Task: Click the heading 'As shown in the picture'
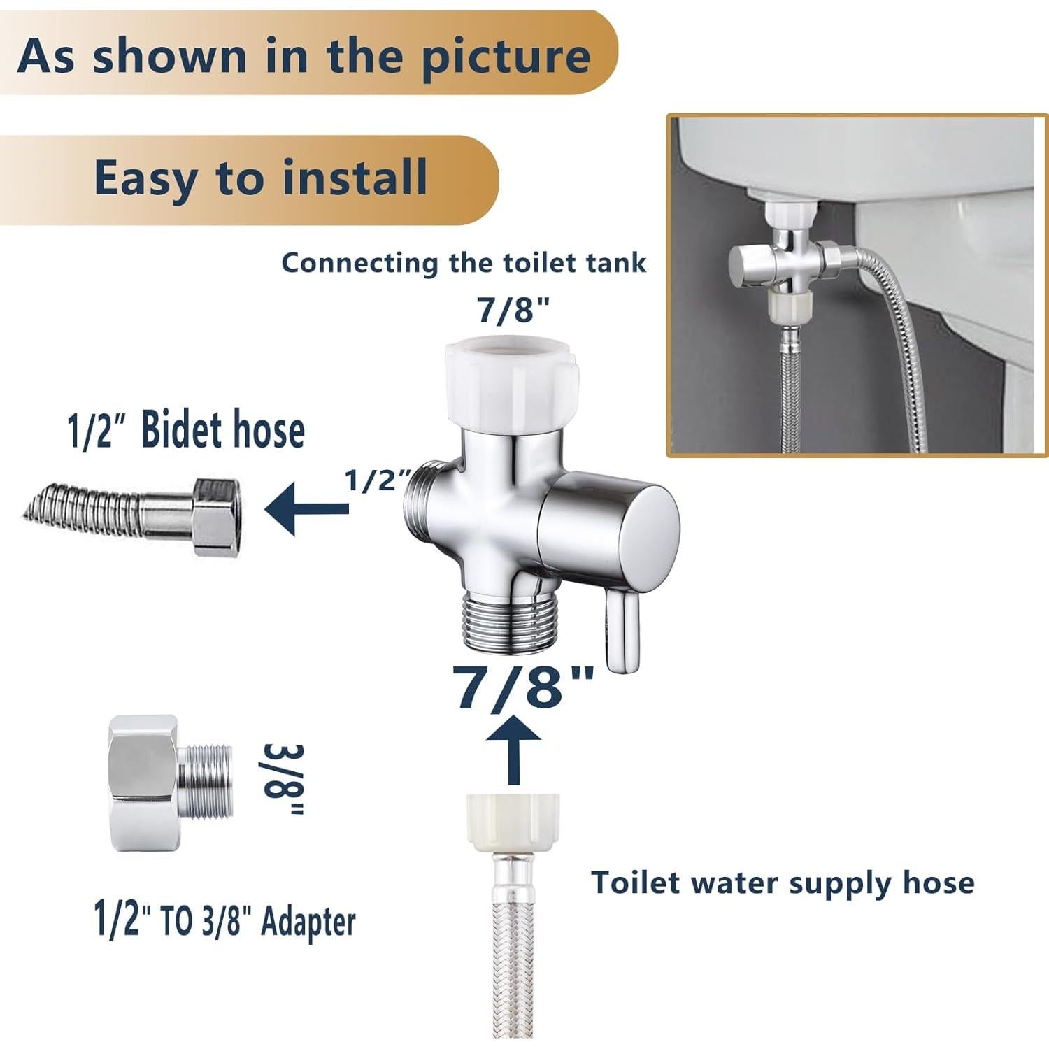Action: click(x=304, y=55)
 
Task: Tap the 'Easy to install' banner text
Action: click(x=260, y=178)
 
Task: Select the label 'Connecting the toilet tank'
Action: click(x=464, y=263)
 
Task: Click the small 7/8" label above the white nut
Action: click(x=514, y=310)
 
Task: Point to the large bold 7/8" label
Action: click(x=523, y=686)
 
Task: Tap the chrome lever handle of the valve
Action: click(x=620, y=629)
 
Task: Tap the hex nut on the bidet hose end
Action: click(x=218, y=517)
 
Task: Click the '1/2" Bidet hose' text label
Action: click(x=186, y=430)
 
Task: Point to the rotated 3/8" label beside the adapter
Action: click(x=283, y=780)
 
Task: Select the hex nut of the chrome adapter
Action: click(x=143, y=783)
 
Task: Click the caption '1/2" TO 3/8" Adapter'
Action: click(x=224, y=921)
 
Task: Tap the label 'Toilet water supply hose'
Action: click(x=783, y=883)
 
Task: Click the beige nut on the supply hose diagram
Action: click(x=513, y=822)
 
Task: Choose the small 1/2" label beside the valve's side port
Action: click(x=377, y=480)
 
